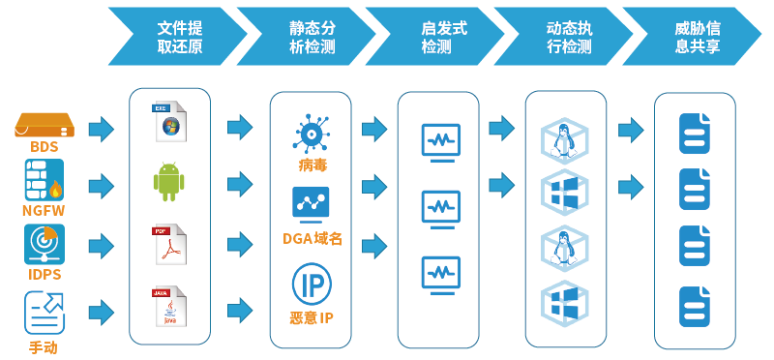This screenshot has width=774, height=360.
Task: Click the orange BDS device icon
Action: (x=45, y=125)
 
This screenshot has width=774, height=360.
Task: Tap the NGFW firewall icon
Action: (x=44, y=181)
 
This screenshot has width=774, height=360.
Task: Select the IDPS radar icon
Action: (x=45, y=243)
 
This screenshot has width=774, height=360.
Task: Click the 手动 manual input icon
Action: (x=45, y=313)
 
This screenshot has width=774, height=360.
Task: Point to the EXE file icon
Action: (x=169, y=123)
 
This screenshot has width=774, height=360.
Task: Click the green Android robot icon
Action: (x=169, y=182)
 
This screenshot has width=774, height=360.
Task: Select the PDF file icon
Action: (x=169, y=245)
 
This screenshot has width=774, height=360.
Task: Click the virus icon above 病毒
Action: (x=311, y=133)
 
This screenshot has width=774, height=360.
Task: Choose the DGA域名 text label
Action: (x=312, y=238)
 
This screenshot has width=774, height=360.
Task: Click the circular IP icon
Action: (x=312, y=285)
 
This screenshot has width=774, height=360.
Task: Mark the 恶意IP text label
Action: (x=312, y=317)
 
